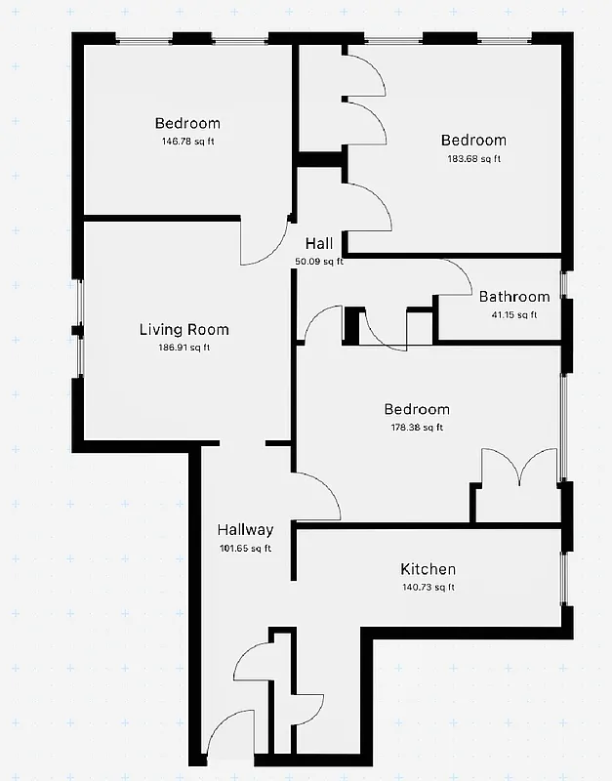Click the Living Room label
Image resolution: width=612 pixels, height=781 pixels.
point(184,330)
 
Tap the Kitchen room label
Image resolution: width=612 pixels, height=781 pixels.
point(428,569)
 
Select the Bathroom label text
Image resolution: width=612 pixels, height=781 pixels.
point(513,297)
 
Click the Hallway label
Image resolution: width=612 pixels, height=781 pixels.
point(245,530)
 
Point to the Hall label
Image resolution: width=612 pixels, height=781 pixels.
point(319,244)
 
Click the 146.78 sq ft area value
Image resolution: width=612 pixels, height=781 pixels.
point(187,142)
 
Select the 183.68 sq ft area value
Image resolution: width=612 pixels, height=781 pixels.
point(473,158)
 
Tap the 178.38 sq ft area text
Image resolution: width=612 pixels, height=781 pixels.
point(416,427)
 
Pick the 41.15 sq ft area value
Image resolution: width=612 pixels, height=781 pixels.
point(513,314)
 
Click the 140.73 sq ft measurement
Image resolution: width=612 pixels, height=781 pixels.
point(428,587)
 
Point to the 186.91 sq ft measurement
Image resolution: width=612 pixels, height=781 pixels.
point(184,348)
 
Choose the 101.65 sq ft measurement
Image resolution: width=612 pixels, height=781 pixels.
point(245,548)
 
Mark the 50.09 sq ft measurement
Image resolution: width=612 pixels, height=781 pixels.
point(319,262)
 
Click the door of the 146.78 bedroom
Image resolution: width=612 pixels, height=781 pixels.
point(264,244)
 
